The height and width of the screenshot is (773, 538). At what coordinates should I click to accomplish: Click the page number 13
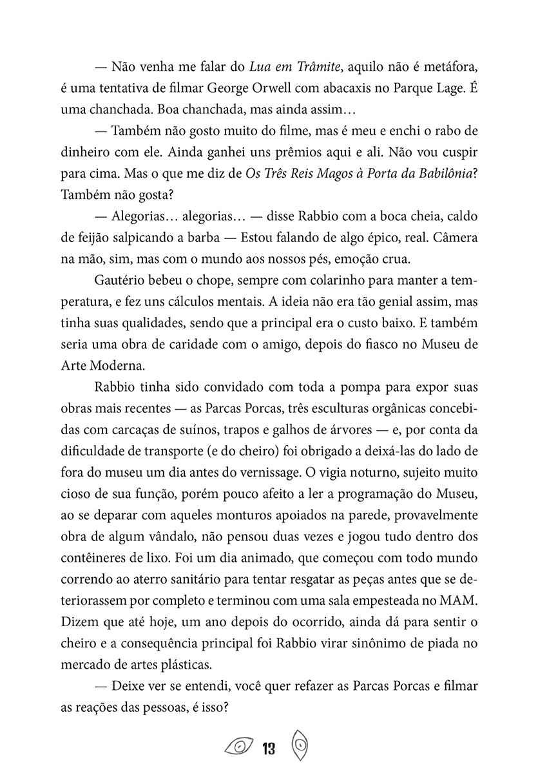[x=269, y=748]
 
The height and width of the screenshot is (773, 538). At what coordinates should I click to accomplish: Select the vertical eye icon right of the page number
[x=300, y=745]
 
